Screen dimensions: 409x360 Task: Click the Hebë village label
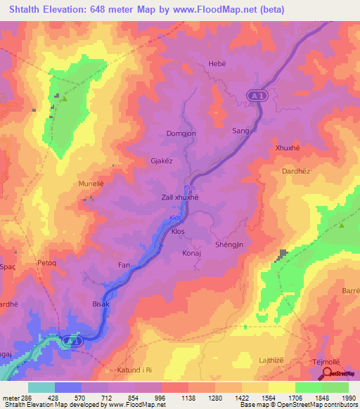coord(217,64)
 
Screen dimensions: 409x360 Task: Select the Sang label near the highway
coord(240,131)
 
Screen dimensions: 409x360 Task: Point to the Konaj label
coord(191,252)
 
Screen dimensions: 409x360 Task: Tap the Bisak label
coord(102,304)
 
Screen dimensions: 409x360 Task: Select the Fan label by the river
coord(124,265)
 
